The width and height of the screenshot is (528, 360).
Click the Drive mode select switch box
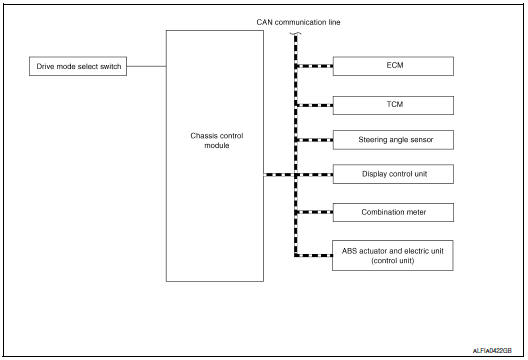tap(78, 67)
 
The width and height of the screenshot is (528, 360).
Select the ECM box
tap(392, 67)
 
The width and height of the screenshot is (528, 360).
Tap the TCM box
tap(392, 103)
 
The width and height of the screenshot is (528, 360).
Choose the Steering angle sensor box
tap(392, 139)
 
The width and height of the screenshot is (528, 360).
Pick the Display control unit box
tap(392, 175)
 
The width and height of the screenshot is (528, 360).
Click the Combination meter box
tap(392, 212)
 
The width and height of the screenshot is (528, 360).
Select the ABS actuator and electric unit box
tap(392, 255)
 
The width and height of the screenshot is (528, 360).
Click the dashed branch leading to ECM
tap(314, 67)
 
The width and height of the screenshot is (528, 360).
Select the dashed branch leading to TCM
tap(314, 103)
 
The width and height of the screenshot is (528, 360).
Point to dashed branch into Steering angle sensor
tap(314, 139)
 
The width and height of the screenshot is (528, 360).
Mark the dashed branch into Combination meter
tap(314, 212)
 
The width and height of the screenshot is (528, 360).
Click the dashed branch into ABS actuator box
tap(314, 255)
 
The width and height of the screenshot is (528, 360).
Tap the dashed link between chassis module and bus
tap(279, 175)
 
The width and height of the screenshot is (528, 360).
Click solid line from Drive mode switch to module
tap(147, 67)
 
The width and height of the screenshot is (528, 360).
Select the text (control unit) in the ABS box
tap(392, 260)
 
